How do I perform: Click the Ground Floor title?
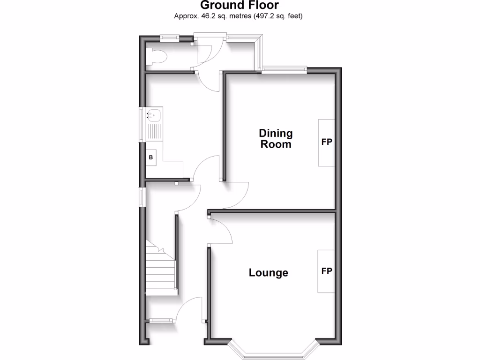(x=240, y=6)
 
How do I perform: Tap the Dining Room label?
(x=276, y=139)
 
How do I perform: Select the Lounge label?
(x=268, y=273)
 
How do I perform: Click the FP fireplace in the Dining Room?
(x=327, y=142)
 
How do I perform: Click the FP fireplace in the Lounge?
(x=327, y=271)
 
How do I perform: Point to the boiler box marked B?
(x=151, y=158)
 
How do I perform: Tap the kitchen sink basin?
(x=154, y=114)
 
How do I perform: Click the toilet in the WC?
(x=157, y=57)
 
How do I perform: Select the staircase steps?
(x=161, y=272)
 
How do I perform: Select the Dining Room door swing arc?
(x=237, y=197)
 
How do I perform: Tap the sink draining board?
(x=154, y=131)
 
